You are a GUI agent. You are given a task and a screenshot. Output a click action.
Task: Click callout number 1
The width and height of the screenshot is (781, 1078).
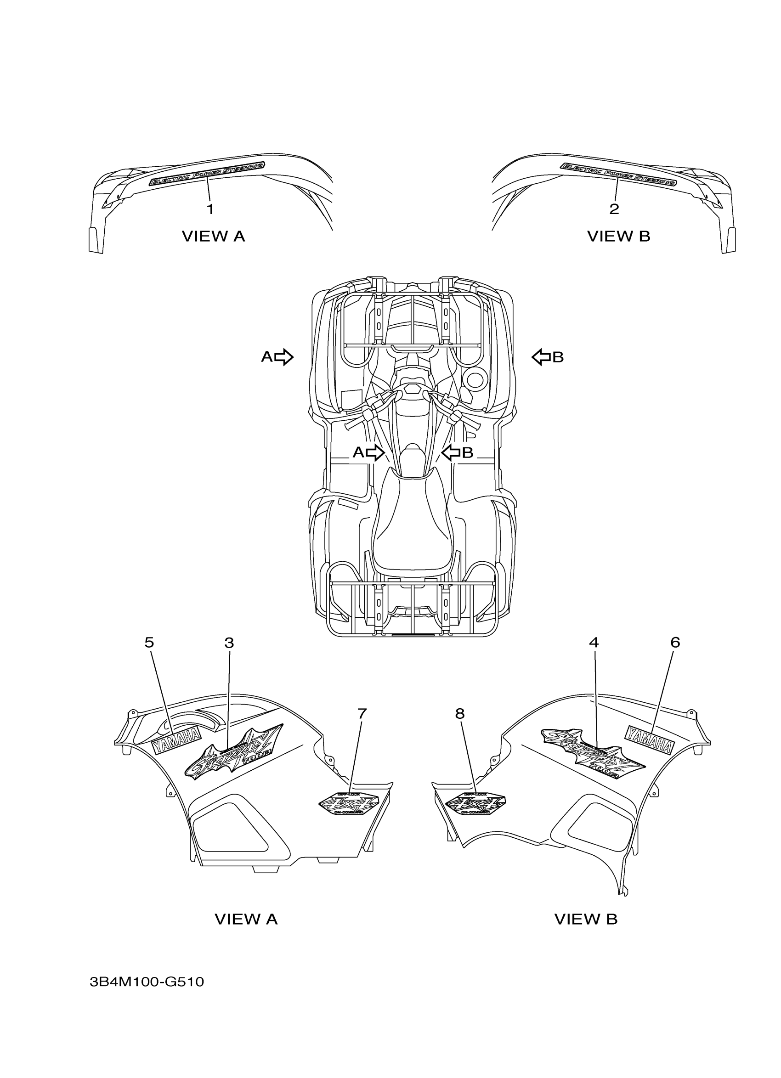click(x=210, y=209)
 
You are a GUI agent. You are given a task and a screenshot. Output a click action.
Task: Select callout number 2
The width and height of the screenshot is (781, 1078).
click(x=614, y=209)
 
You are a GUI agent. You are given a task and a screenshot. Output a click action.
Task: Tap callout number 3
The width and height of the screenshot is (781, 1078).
click(x=229, y=643)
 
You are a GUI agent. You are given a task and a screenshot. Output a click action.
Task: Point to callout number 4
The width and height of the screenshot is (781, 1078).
click(x=594, y=643)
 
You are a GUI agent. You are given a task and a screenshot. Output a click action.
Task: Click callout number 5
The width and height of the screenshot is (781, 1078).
click(x=149, y=643)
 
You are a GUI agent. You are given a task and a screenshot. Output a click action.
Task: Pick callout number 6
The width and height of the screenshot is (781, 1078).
click(x=675, y=643)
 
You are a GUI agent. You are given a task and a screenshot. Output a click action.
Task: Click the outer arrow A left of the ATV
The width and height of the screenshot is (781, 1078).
click(x=283, y=356)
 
